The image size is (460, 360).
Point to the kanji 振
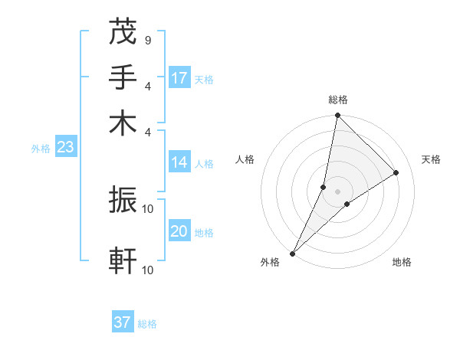[123, 201]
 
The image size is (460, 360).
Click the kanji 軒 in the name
[123, 261]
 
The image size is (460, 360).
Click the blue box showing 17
[179, 78]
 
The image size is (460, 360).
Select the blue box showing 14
[179, 162]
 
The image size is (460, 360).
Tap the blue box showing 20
[179, 231]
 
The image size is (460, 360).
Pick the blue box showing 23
[65, 148]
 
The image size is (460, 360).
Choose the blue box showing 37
[123, 322]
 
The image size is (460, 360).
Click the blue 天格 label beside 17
[203, 80]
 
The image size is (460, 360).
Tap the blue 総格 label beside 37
[147, 324]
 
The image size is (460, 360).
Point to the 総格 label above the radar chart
[338, 100]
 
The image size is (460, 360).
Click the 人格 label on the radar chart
[245, 159]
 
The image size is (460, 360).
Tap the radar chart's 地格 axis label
[402, 263]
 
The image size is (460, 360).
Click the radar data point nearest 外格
[293, 253]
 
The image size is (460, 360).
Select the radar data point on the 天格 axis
[396, 172]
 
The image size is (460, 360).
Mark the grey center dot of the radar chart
[338, 191]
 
